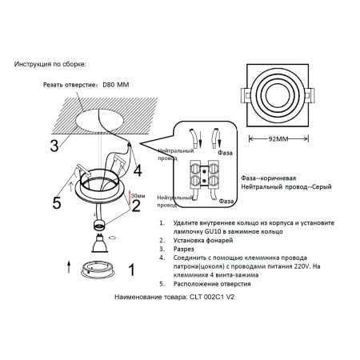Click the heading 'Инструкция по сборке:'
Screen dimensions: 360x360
(50, 62)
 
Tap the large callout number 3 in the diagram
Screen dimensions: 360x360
(53, 146)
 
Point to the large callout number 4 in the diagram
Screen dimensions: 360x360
(137, 170)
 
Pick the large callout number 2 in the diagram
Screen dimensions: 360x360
(136, 206)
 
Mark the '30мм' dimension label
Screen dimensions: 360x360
(138, 194)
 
